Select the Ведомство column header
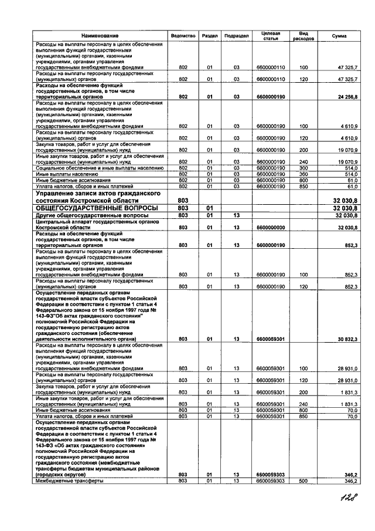point(183,36)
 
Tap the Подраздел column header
point(237,36)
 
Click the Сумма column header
point(339,36)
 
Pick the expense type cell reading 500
point(304,481)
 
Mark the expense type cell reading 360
point(304,174)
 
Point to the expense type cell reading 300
point(304,168)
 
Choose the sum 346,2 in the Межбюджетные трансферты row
point(350,481)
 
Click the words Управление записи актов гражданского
point(99,193)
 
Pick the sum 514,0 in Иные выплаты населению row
point(350,174)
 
